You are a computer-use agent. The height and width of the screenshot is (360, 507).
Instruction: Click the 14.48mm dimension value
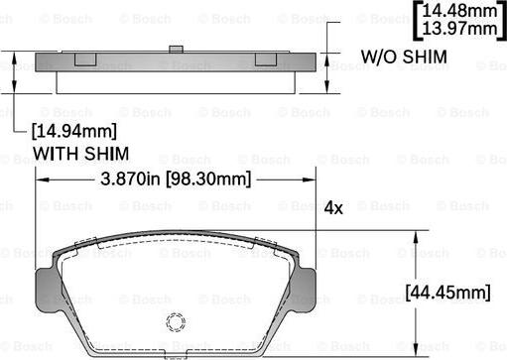point(459,11)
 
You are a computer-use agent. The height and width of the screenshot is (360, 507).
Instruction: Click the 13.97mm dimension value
point(459,28)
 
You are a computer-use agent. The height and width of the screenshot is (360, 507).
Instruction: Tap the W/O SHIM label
point(404,57)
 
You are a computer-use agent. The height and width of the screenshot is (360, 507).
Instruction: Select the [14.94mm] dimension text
point(74,131)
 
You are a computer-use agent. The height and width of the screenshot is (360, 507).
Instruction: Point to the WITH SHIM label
point(80,154)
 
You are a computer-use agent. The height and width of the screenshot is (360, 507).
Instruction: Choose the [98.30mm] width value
point(208,180)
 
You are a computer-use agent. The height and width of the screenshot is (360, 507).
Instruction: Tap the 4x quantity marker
point(333,208)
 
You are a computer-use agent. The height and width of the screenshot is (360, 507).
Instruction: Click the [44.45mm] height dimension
point(448,293)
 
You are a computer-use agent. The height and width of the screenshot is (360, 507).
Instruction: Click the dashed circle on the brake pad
point(176,322)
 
